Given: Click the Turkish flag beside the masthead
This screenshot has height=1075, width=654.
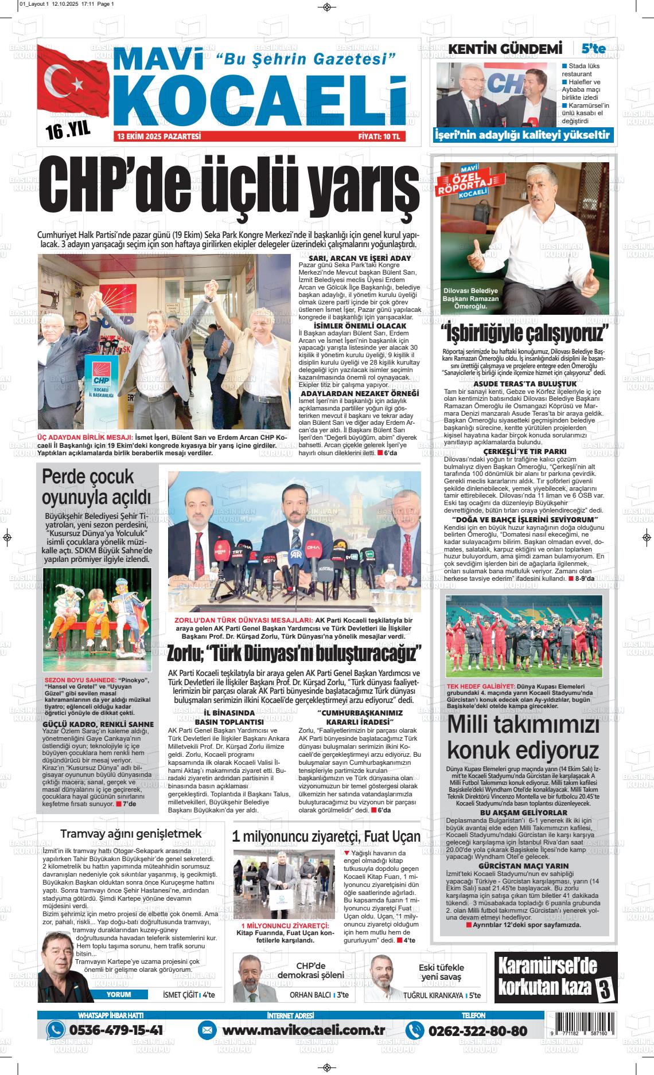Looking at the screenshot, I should coord(71,86).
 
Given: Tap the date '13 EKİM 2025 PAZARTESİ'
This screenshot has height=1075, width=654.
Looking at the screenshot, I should coord(158,137).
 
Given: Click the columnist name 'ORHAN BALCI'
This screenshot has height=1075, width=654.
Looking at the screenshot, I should coord(310,995).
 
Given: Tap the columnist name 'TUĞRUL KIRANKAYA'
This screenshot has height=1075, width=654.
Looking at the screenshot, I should coord(433,996).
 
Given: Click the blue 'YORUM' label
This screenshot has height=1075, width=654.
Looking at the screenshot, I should coord(119,995).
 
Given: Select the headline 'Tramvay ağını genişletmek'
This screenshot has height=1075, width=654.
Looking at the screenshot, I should coord(131,834).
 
